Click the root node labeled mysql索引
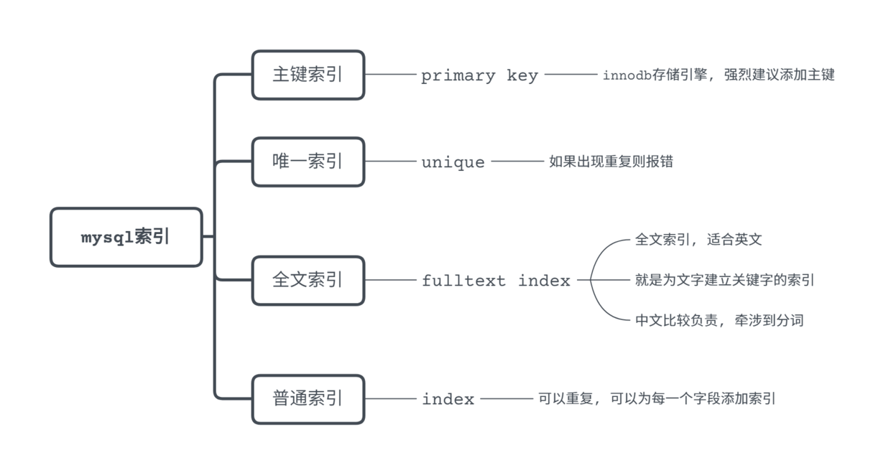click(x=126, y=238)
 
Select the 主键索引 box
click(x=308, y=75)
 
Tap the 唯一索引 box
click(x=308, y=161)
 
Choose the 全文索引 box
click(x=308, y=280)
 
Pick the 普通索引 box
click(x=308, y=399)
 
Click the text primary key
click(x=479, y=75)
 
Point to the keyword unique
click(x=453, y=162)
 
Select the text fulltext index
click(x=496, y=281)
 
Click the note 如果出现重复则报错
click(x=611, y=161)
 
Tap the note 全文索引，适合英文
click(x=698, y=240)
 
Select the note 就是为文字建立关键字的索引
click(x=724, y=280)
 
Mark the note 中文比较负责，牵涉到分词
click(x=719, y=321)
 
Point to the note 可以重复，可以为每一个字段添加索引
click(x=657, y=399)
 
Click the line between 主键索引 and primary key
click(x=392, y=75)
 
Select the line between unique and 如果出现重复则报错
click(x=517, y=161)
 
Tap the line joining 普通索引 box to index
click(x=392, y=399)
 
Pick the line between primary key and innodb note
click(x=571, y=75)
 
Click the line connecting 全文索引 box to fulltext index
click(x=392, y=280)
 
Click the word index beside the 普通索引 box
click(x=448, y=399)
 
